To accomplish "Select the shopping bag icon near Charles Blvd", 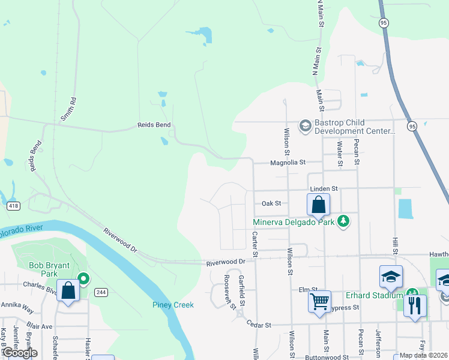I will pos(68,292).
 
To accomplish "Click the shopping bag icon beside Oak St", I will pos(319,205).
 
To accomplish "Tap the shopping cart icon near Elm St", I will pos(320,299).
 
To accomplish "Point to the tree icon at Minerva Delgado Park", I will pos(343,221).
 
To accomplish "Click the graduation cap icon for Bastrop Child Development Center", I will pos(306,125).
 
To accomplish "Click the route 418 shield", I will pos(13,206).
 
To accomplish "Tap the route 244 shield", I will pos(100,292).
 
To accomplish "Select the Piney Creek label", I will pos(173,305).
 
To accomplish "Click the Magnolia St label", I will pos(288,162).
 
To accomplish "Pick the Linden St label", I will pos(324,188).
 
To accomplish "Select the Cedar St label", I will pos(259,324).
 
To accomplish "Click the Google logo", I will pos(20,353).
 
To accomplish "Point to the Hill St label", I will pos(395,244).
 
